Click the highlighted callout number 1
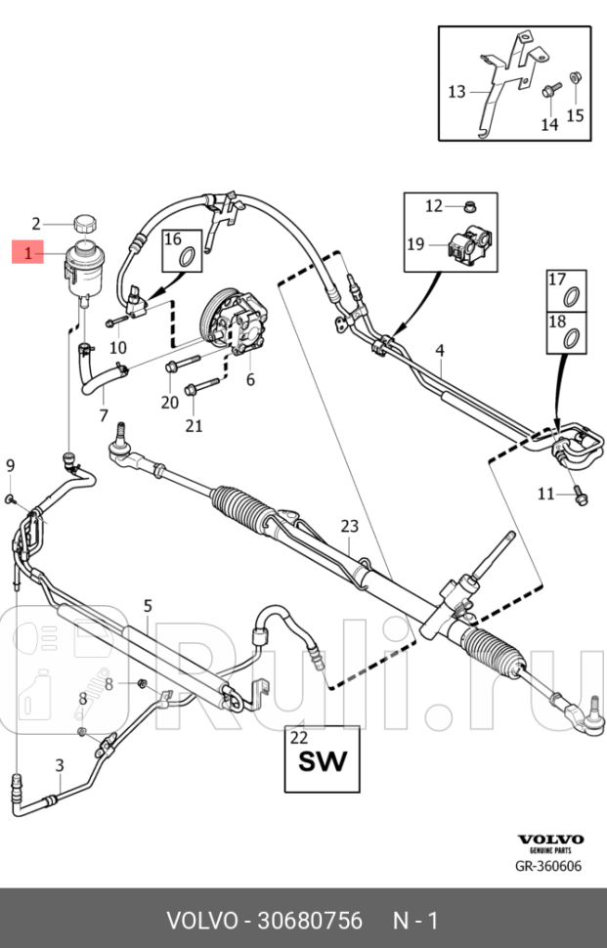click(28, 254)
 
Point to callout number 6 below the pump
click(250, 379)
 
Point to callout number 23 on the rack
click(349, 526)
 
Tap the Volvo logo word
click(550, 839)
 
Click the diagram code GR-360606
click(548, 866)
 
